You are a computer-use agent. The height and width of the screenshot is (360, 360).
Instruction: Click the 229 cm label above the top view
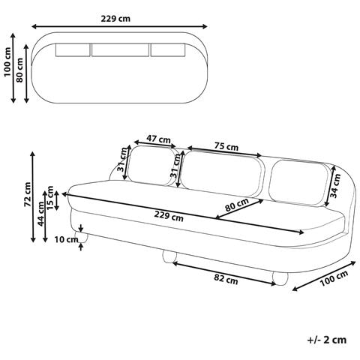(x=115, y=19)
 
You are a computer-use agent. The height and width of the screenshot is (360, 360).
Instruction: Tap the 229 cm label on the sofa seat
(x=169, y=216)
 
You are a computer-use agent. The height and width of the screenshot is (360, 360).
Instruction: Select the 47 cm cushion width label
(x=158, y=139)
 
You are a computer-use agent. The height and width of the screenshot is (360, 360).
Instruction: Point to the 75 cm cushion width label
(x=226, y=146)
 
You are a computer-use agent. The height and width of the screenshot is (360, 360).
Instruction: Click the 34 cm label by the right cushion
(x=335, y=185)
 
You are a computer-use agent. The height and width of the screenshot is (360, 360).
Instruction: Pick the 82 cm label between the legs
(x=226, y=279)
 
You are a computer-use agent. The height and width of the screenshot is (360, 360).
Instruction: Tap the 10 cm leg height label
(x=66, y=239)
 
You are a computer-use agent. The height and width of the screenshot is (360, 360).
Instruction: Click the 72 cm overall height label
(x=28, y=194)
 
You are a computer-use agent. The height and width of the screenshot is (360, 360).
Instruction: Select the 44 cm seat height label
(x=40, y=214)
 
